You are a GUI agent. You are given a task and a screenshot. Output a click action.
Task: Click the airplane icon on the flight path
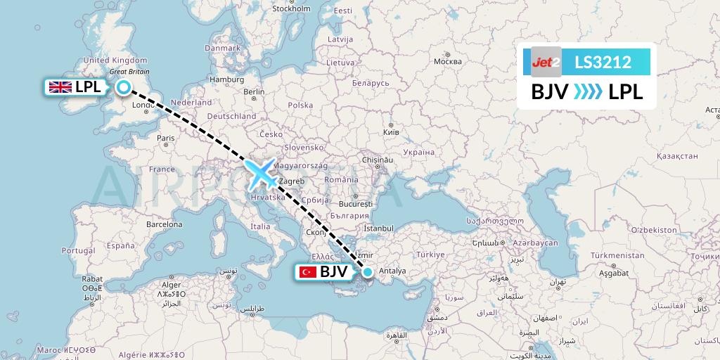[261, 174]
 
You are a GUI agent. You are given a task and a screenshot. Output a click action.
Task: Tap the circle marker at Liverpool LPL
[124, 87]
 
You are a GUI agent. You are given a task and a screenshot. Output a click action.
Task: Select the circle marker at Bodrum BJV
[367, 271]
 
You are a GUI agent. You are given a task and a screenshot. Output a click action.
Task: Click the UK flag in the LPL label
[59, 87]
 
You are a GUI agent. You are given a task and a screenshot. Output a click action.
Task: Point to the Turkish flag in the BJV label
[307, 272]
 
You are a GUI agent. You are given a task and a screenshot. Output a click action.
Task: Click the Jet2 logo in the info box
[546, 63]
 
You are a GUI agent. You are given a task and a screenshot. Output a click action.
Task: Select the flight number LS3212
[603, 63]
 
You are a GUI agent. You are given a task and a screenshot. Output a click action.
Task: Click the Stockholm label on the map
[291, 8]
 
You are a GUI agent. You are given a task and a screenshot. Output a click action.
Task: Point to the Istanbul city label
[378, 229]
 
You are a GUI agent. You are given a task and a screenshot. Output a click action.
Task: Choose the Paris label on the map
[166, 138]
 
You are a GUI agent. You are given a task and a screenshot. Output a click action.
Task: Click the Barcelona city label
[164, 225]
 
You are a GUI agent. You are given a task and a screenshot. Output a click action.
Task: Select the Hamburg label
[226, 79]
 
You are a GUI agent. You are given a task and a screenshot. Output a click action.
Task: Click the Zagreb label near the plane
[292, 181]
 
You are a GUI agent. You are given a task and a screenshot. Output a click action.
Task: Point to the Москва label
[447, 61]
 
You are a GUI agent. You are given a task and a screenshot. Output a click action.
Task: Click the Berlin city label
[253, 91]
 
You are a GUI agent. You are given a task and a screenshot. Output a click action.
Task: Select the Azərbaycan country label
[536, 243]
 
